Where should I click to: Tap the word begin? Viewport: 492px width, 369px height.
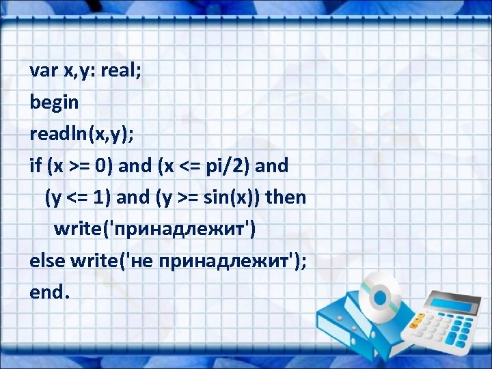[x=55, y=103]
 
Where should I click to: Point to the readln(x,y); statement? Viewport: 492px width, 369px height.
[x=82, y=135]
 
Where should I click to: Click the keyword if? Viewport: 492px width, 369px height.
[x=35, y=166]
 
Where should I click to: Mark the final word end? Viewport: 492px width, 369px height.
[x=49, y=292]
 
